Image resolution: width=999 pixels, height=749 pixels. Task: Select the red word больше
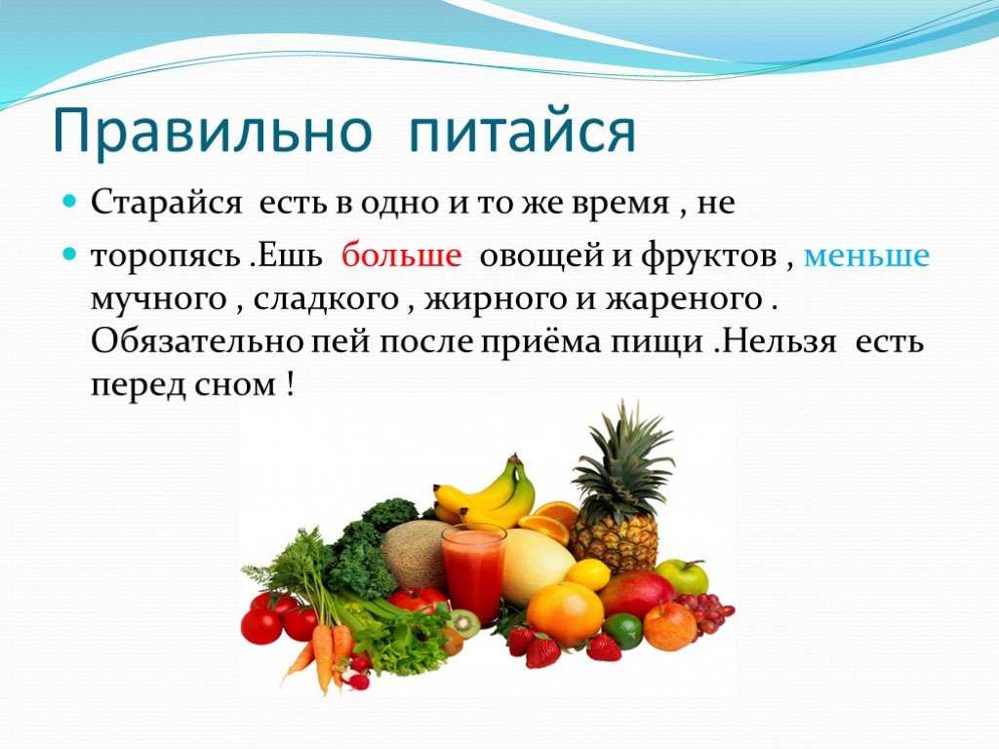coord(401,256)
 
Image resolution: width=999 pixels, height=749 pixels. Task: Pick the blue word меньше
coord(866,256)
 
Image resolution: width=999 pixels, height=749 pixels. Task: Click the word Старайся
coord(167,203)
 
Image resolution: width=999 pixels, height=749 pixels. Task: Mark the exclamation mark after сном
coord(290,385)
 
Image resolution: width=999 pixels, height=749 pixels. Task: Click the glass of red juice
coord(473,573)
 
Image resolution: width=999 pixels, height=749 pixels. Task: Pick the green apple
coord(682,575)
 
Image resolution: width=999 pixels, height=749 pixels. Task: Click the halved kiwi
coord(464,622)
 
